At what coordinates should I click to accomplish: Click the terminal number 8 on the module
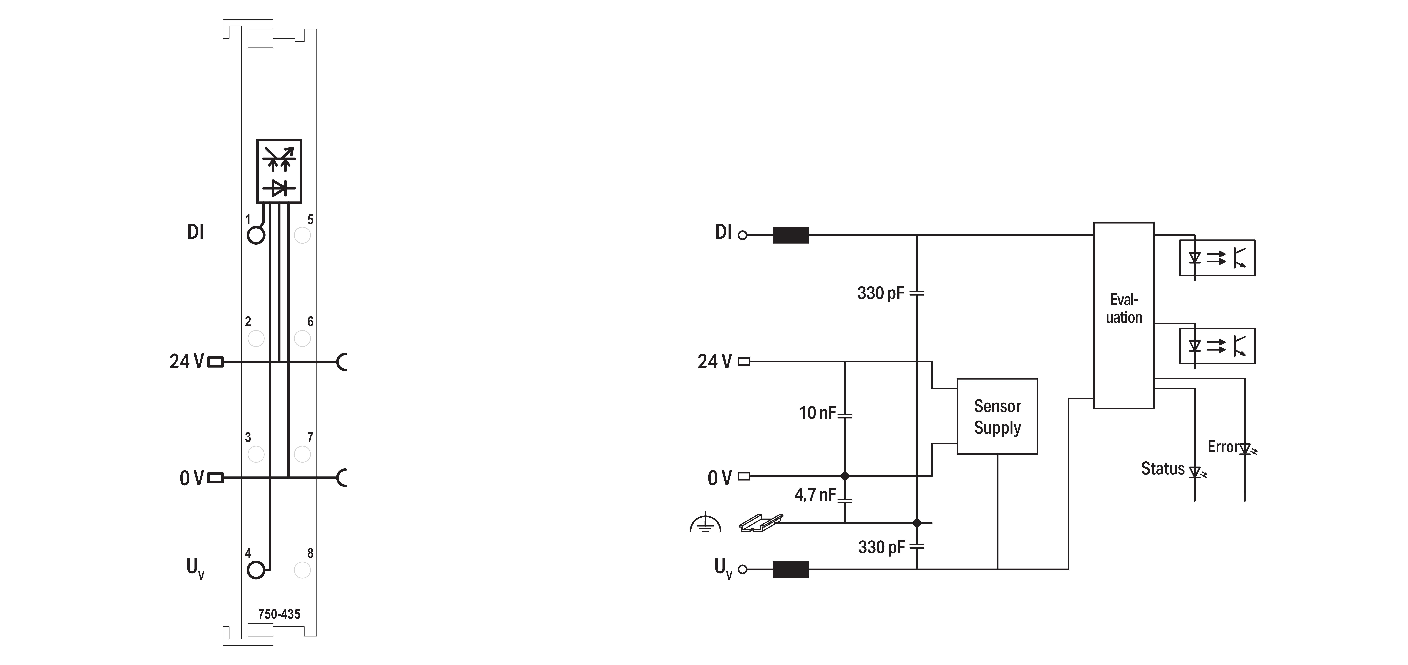[310, 553]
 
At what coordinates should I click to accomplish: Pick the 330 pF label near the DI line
[880, 293]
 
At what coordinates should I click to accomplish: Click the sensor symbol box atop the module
[279, 171]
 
